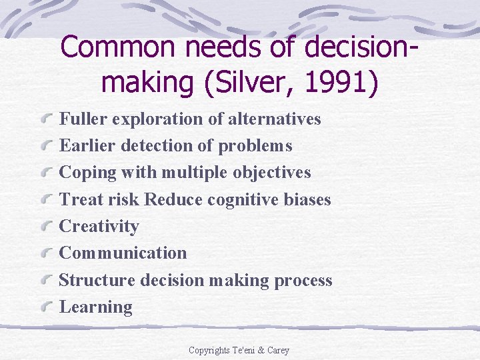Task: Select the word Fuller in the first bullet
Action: click(x=84, y=119)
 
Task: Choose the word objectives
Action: click(x=272, y=173)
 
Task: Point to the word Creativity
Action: click(x=99, y=227)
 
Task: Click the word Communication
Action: click(x=123, y=253)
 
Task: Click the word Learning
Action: click(x=96, y=307)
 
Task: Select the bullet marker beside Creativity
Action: click(x=47, y=227)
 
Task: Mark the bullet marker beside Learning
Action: click(x=47, y=307)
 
